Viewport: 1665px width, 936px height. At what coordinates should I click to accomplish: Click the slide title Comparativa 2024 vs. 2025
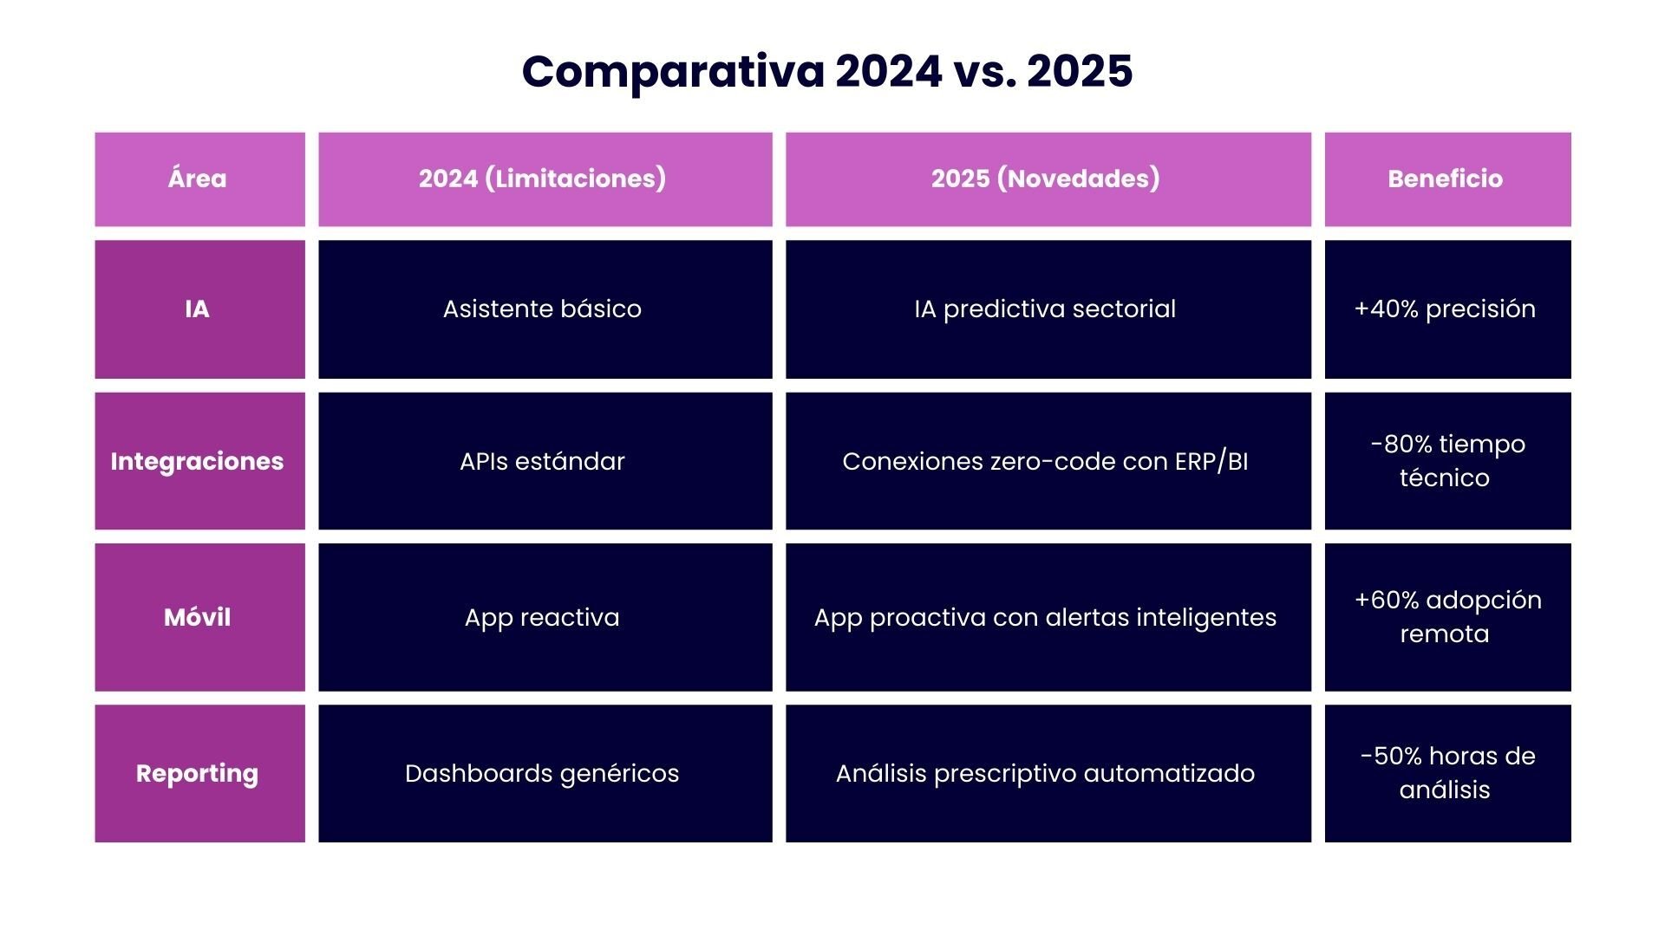pos(826,71)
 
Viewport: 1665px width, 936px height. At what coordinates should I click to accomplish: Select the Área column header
pos(199,179)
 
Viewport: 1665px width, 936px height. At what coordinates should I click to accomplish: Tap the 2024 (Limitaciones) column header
pos(544,179)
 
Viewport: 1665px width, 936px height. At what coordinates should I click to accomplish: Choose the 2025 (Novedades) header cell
pos(1047,179)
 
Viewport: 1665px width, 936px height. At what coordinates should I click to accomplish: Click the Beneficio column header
pos(1446,179)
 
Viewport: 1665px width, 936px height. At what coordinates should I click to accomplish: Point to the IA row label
pos(199,309)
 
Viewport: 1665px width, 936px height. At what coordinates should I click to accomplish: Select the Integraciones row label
pos(199,461)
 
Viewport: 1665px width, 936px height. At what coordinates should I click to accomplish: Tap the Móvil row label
pos(199,617)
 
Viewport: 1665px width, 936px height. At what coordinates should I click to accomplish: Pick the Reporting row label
pos(199,773)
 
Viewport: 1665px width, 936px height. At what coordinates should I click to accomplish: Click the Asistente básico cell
pos(544,309)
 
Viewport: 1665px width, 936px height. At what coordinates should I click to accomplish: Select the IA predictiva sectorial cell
pos(1047,309)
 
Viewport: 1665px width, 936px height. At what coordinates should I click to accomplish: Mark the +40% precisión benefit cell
pos(1446,309)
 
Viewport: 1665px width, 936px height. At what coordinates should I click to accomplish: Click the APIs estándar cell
pos(544,461)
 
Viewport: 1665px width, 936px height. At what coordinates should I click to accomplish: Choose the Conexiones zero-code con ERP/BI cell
pos(1047,461)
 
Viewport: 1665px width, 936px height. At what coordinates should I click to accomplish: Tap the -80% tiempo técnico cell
pos(1446,461)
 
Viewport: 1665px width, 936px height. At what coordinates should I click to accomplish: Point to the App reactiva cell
pos(544,617)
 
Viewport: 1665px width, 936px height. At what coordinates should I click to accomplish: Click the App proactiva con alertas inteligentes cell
pos(1047,617)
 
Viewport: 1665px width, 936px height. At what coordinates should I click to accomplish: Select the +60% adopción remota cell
pos(1446,617)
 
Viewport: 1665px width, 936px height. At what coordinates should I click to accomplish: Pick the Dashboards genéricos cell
pos(544,773)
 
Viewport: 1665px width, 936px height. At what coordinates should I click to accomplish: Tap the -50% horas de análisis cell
pos(1446,773)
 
